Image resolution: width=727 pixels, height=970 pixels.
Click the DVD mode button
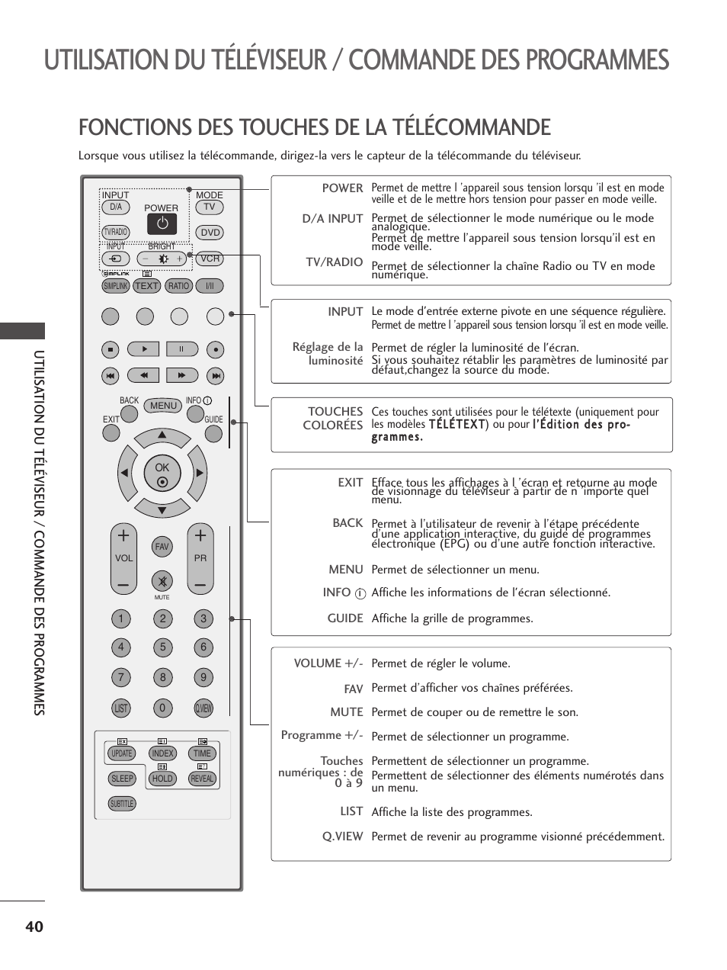pyautogui.click(x=210, y=233)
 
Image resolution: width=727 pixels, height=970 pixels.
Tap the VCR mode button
pyautogui.click(x=210, y=259)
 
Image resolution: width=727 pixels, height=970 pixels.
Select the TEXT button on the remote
pyautogui.click(x=146, y=286)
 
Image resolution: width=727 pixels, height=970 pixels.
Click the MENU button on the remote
pyautogui.click(x=163, y=406)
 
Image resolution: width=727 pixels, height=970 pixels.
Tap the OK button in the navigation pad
pyautogui.click(x=162, y=474)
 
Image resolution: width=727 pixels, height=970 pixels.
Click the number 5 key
pyautogui.click(x=162, y=647)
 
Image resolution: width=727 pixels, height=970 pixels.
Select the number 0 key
pyautogui.click(x=162, y=708)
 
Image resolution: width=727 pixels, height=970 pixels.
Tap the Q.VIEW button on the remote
pyautogui.click(x=203, y=708)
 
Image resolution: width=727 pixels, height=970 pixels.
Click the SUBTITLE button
pyautogui.click(x=122, y=804)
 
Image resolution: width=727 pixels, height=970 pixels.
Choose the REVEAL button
pyautogui.click(x=202, y=779)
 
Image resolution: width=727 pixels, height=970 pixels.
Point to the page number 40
pyautogui.click(x=34, y=927)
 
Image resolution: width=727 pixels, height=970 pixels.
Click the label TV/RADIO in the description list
pyautogui.click(x=334, y=262)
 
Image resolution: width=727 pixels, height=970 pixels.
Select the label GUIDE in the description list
pyautogui.click(x=345, y=618)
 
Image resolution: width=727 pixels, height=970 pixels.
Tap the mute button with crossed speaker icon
pyautogui.click(x=162, y=582)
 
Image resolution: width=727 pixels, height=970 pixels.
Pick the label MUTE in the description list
pyautogui.click(x=347, y=712)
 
